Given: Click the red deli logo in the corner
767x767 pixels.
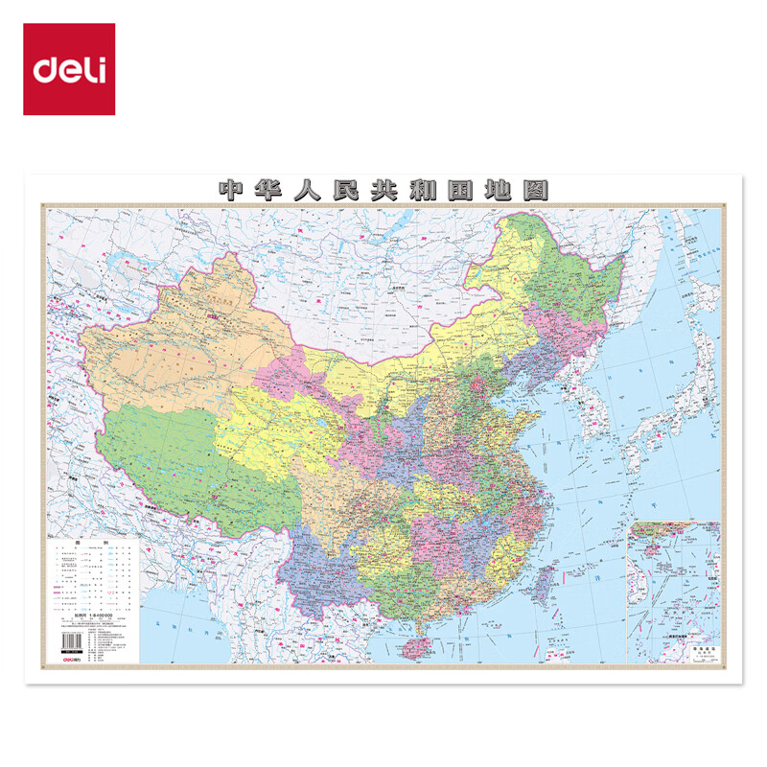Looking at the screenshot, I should (69, 69).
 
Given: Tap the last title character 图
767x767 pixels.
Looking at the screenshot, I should (535, 189).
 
